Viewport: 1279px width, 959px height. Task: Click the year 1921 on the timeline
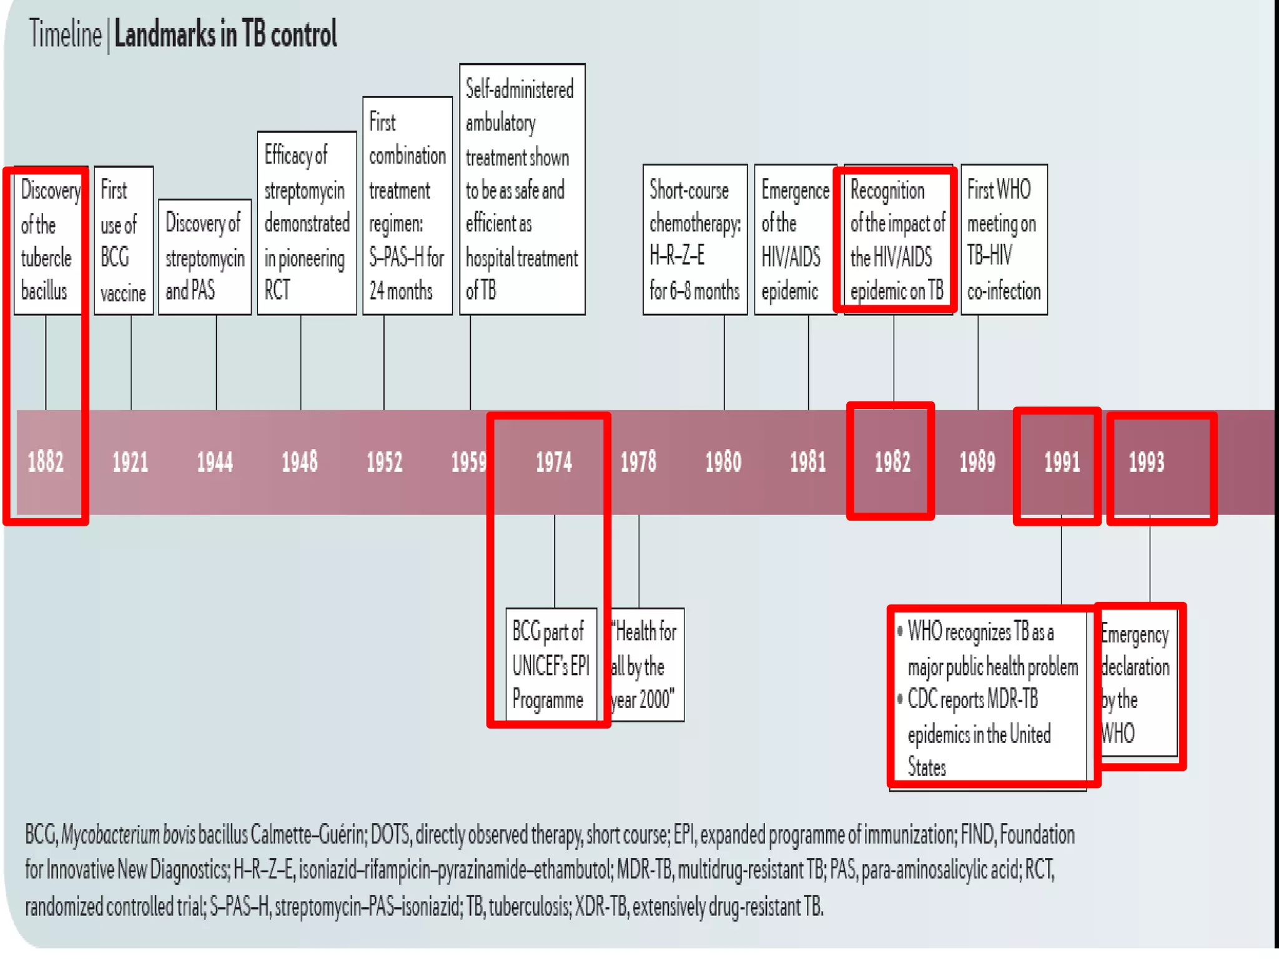click(x=131, y=463)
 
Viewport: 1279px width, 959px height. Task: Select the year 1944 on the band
click(x=215, y=463)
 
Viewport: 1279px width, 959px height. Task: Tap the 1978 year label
click(x=638, y=463)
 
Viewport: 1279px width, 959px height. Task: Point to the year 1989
click(x=977, y=463)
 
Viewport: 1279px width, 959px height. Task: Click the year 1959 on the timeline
click(x=469, y=463)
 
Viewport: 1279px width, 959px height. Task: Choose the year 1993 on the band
click(x=1147, y=463)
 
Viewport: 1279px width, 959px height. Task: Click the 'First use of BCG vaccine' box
click(x=124, y=240)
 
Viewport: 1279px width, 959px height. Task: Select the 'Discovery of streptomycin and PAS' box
click(x=205, y=257)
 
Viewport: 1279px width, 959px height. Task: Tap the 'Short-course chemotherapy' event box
click(x=695, y=240)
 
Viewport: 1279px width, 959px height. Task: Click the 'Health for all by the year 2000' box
click(x=646, y=665)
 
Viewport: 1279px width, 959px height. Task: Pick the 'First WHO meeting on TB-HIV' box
click(x=1004, y=240)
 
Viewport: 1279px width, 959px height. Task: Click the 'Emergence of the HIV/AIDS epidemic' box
click(x=794, y=240)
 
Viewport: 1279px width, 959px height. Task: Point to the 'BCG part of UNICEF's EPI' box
click(x=551, y=665)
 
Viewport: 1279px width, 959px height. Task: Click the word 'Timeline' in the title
click(x=65, y=34)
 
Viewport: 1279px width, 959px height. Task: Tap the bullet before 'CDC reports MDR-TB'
click(x=900, y=698)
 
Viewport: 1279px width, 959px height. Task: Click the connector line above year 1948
click(x=300, y=362)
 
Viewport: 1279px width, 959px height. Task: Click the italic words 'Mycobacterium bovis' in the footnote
click(x=128, y=835)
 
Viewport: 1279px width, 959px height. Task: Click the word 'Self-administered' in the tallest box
click(x=520, y=90)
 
